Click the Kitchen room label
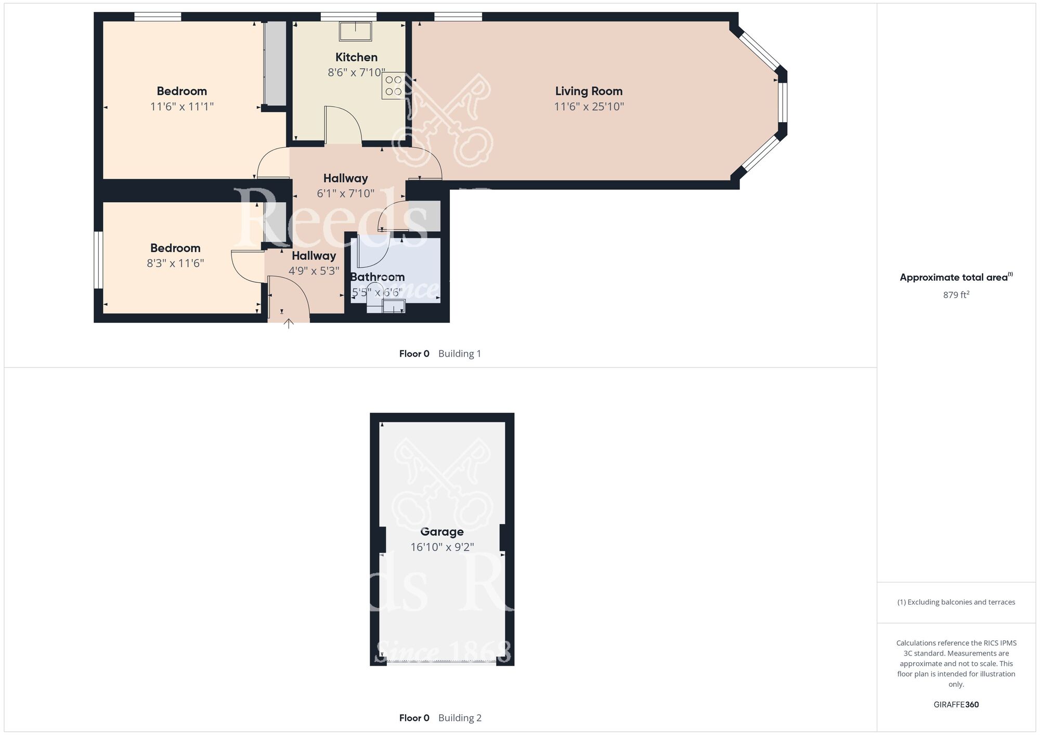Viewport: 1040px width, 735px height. pyautogui.click(x=356, y=57)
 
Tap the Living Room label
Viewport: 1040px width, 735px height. pyautogui.click(x=589, y=91)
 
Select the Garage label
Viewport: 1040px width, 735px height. pyautogui.click(x=441, y=532)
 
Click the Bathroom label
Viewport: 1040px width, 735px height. pyautogui.click(x=377, y=277)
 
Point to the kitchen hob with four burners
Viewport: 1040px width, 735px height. pyautogui.click(x=393, y=86)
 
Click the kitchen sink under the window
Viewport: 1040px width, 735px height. pyautogui.click(x=356, y=31)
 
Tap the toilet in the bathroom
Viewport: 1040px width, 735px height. pyautogui.click(x=374, y=297)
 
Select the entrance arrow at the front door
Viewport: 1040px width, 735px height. pyautogui.click(x=289, y=324)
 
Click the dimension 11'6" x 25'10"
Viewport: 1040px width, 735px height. pyautogui.click(x=589, y=107)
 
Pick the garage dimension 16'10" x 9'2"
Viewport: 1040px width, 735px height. pyautogui.click(x=441, y=547)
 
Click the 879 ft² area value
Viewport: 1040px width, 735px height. pyautogui.click(x=956, y=295)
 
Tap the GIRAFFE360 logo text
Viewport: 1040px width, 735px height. pyautogui.click(x=956, y=705)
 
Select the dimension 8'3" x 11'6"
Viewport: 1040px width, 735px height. pyautogui.click(x=175, y=264)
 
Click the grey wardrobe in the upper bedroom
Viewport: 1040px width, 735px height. pyautogui.click(x=275, y=63)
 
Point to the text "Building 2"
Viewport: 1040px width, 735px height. pyautogui.click(x=460, y=718)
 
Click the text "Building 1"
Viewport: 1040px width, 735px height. pyautogui.click(x=460, y=354)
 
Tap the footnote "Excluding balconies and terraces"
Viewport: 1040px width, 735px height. pyautogui.click(x=956, y=602)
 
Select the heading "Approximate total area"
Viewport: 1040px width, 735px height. pyautogui.click(x=954, y=278)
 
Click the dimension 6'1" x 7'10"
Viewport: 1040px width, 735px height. pyautogui.click(x=345, y=194)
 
